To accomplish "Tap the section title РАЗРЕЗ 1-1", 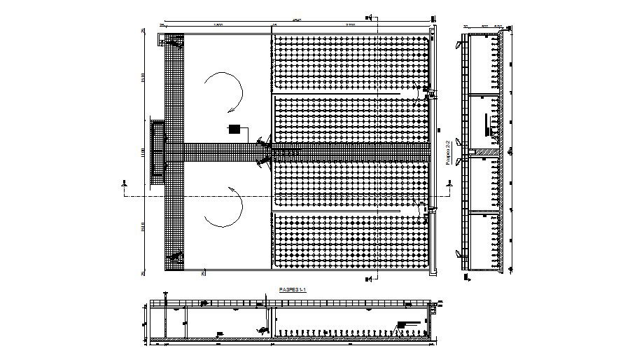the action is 292,289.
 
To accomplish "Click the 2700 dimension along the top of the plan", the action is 350,25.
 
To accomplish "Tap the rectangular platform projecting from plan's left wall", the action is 157,148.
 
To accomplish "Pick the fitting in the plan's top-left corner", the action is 172,42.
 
